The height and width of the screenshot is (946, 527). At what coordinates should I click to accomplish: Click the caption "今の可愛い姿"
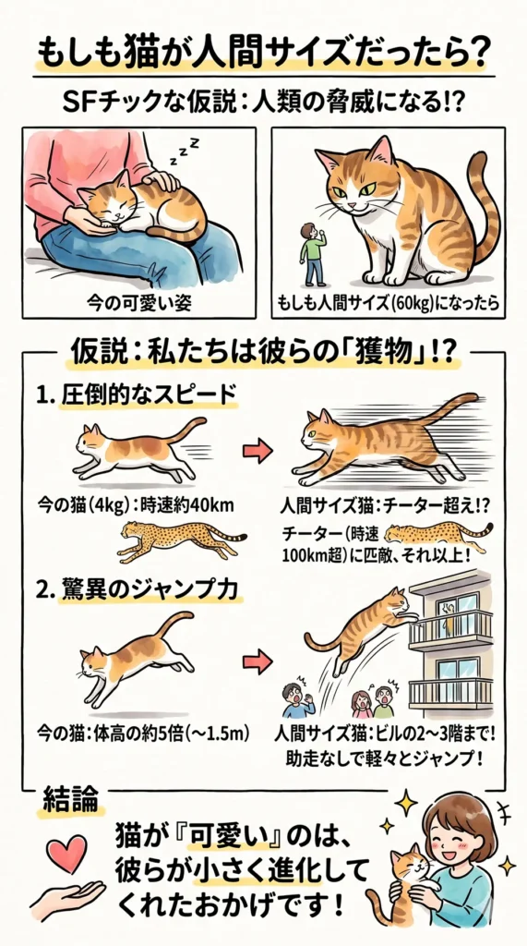pyautogui.click(x=137, y=302)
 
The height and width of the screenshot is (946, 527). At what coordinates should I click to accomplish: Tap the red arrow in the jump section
pyautogui.click(x=258, y=661)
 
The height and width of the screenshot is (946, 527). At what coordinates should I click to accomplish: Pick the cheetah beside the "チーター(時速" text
pyautogui.click(x=437, y=534)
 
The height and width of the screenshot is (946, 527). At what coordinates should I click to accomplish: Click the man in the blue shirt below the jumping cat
pyautogui.click(x=295, y=699)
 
